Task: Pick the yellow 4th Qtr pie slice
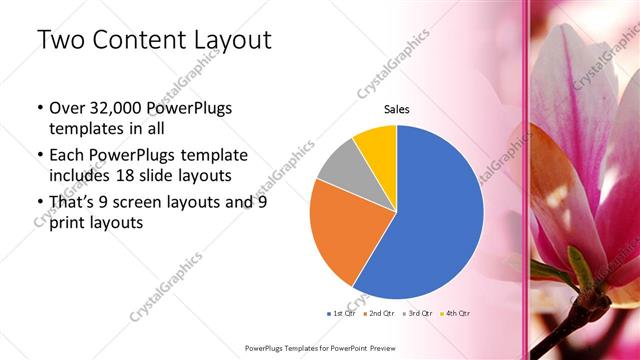coord(377,145)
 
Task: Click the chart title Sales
coord(397,110)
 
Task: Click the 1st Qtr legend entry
coord(342,314)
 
